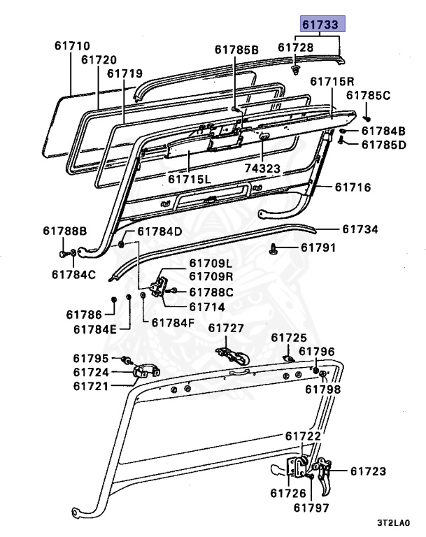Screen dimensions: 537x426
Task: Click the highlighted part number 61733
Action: (321, 24)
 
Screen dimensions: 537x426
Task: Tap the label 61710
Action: (73, 46)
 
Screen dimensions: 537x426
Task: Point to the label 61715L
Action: (188, 179)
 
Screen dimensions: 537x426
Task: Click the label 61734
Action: (360, 229)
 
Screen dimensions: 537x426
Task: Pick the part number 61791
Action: (318, 248)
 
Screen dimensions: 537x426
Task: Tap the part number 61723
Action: (368, 472)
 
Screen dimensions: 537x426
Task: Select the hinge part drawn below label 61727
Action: (232, 353)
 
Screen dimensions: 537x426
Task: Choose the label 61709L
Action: (210, 263)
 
